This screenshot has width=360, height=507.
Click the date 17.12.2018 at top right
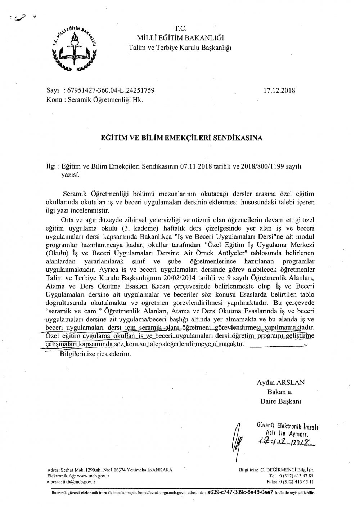(279, 90)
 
